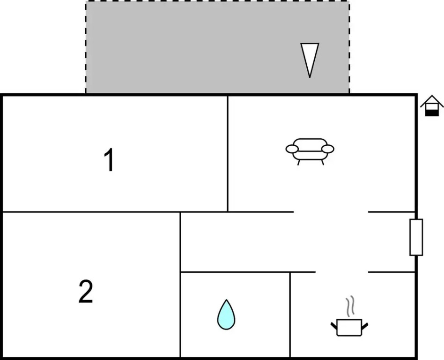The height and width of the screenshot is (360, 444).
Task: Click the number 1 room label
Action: point(109,160)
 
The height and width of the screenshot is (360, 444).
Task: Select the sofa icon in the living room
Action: point(310,150)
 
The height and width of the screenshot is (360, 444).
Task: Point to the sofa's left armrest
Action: point(292,149)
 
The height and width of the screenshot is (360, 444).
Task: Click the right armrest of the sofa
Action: point(328,149)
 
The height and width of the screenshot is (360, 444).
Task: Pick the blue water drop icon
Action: point(226,315)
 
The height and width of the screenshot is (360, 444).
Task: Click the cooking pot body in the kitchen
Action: point(349,327)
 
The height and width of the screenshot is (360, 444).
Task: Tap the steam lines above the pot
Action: point(350,306)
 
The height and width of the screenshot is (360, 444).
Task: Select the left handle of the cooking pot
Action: point(334,324)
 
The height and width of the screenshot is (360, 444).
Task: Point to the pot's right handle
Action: point(365,324)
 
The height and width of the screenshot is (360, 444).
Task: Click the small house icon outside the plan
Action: point(432,106)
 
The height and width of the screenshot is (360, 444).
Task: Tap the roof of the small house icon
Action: point(432,100)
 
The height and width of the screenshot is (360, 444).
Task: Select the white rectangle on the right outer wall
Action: point(416,237)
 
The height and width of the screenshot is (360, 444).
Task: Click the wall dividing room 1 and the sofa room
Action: point(228,153)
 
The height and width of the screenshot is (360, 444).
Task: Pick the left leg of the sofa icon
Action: point(299,163)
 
